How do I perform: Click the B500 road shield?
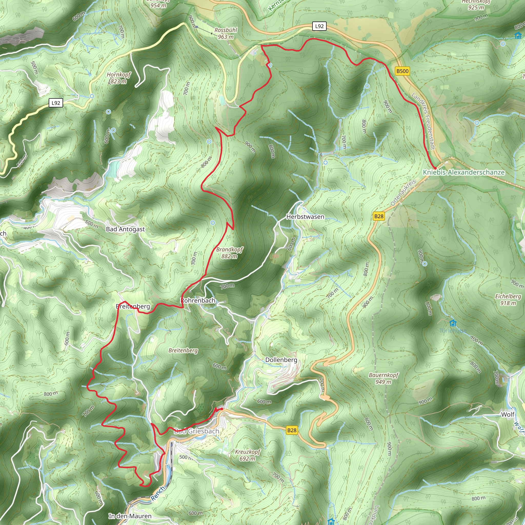pos(402,71)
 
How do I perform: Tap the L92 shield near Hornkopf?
pos(56,103)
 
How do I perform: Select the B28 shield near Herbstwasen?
pos(379,216)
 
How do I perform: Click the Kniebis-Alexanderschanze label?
pos(463,172)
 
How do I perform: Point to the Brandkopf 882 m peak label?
pos(230,253)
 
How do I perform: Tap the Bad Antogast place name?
pos(125,229)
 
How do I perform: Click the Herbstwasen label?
pos(305,217)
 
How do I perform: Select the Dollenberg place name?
pos(281,360)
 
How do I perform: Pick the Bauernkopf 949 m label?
pos(383,379)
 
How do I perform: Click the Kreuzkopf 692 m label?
pos(248,455)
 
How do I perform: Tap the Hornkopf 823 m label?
pos(119,78)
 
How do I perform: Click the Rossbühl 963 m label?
pos(226,33)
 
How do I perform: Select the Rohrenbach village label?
pos(198,300)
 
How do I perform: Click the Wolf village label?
pos(508,415)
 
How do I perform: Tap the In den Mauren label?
pos(130,516)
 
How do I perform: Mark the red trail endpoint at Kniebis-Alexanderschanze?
pos(435,168)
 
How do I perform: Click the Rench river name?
pos(158,493)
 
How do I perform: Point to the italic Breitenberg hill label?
pos(183,350)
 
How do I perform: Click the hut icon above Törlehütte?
pos(453,323)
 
